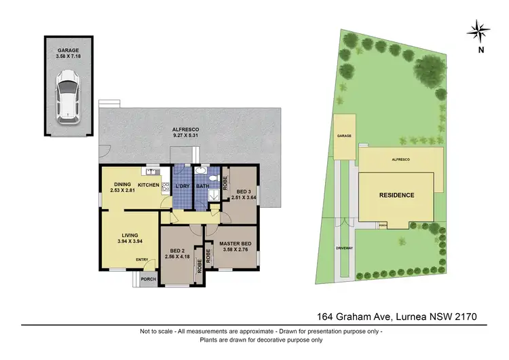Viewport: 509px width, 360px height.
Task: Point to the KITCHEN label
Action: (x=149, y=185)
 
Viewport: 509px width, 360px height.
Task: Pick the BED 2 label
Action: (x=176, y=253)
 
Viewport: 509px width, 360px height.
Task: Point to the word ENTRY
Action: (x=142, y=259)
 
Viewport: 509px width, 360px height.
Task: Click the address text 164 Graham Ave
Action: (x=353, y=317)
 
